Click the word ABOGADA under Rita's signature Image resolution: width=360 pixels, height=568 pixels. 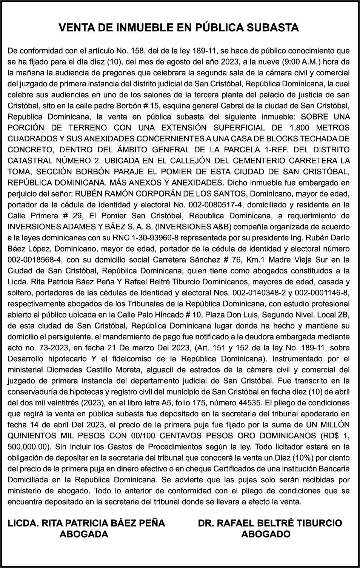pyautogui.click(x=84, y=534)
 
